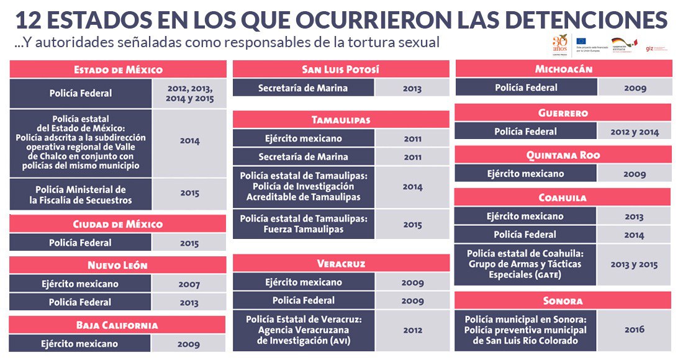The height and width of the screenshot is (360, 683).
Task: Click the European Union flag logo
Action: tap(581, 42)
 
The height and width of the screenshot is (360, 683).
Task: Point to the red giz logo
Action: tap(648, 48)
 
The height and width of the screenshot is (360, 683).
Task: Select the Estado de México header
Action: tap(118, 70)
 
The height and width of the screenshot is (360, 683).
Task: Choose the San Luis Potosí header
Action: tap(340, 69)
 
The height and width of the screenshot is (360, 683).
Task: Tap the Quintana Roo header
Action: tap(563, 155)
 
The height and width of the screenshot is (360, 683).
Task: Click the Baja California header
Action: tap(117, 325)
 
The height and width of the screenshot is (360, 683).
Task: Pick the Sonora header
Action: tap(563, 300)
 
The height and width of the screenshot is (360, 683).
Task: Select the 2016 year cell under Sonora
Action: tap(635, 330)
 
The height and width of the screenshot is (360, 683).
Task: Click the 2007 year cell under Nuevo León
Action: tap(189, 285)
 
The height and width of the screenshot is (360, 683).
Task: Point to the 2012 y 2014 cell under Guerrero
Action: tap(635, 132)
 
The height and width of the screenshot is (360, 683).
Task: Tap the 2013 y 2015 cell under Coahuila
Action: tap(634, 264)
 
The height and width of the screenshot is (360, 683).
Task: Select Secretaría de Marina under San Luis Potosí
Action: tap(303, 88)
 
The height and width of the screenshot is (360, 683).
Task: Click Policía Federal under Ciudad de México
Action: tap(81, 243)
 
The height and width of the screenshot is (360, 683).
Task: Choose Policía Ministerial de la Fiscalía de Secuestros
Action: tap(81, 195)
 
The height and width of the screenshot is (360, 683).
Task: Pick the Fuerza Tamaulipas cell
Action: tap(304, 223)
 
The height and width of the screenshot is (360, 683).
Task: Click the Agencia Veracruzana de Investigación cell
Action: tap(304, 330)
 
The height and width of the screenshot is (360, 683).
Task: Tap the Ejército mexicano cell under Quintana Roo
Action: tap(525, 174)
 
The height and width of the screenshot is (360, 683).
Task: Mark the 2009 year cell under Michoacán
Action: tap(635, 88)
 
